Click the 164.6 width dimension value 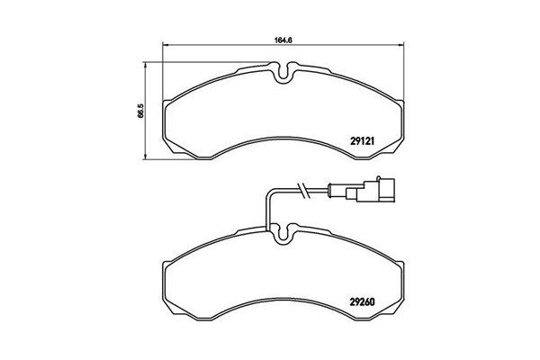click(282, 39)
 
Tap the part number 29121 click(364, 139)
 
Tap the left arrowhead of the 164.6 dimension click(164, 48)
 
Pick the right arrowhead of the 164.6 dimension click(401, 48)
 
